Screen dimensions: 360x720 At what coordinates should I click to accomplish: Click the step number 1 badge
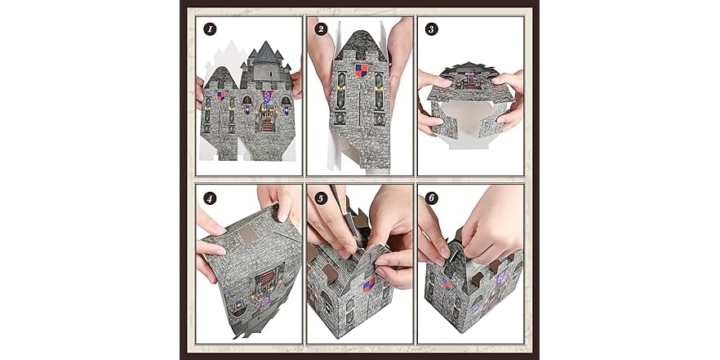[x=210, y=29]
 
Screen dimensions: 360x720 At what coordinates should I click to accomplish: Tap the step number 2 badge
[x=321, y=29]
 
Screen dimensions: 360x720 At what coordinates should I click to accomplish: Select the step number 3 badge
[x=432, y=29]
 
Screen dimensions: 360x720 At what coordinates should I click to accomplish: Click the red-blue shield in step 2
[x=361, y=69]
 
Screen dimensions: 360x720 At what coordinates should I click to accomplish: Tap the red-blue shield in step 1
[x=220, y=96]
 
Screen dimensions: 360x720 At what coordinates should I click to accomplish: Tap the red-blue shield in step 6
[x=447, y=282]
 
